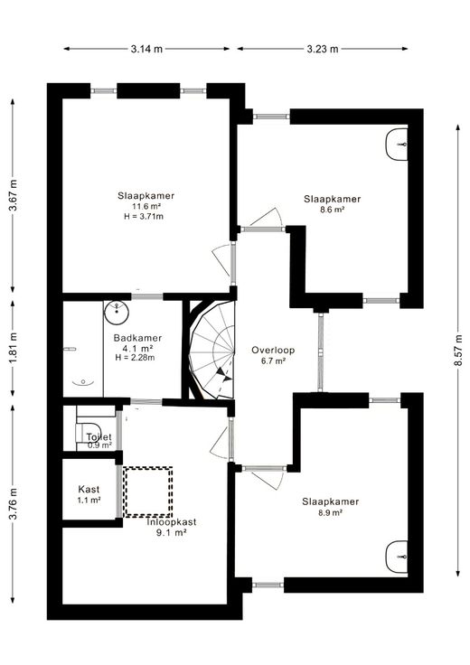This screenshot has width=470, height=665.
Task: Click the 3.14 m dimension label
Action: click(146, 49)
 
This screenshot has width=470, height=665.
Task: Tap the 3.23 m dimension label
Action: click(323, 49)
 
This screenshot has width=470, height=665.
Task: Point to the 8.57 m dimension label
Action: click(458, 350)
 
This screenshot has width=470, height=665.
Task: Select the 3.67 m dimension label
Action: click(14, 195)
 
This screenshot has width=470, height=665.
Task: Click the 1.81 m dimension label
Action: click(14, 348)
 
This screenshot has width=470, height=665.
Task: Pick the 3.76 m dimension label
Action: click(14, 504)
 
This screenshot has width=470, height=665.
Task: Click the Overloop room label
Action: click(273, 350)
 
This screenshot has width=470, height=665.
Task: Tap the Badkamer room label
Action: click(138, 338)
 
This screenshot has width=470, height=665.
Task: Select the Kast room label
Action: click(89, 490)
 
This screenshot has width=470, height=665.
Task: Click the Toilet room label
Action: click(99, 436)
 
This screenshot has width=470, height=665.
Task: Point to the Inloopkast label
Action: click(172, 522)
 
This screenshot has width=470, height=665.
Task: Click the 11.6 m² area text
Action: click(146, 207)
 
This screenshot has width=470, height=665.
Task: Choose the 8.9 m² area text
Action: click(331, 512)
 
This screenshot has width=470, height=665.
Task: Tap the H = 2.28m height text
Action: click(135, 358)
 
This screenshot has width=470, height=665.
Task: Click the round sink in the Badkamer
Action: click(117, 313)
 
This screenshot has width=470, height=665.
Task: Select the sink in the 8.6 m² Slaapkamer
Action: click(397, 145)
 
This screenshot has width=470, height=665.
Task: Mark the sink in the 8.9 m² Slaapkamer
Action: click(397, 557)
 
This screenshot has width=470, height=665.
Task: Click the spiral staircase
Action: click(212, 351)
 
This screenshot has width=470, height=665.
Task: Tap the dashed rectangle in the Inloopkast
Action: click(147, 492)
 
